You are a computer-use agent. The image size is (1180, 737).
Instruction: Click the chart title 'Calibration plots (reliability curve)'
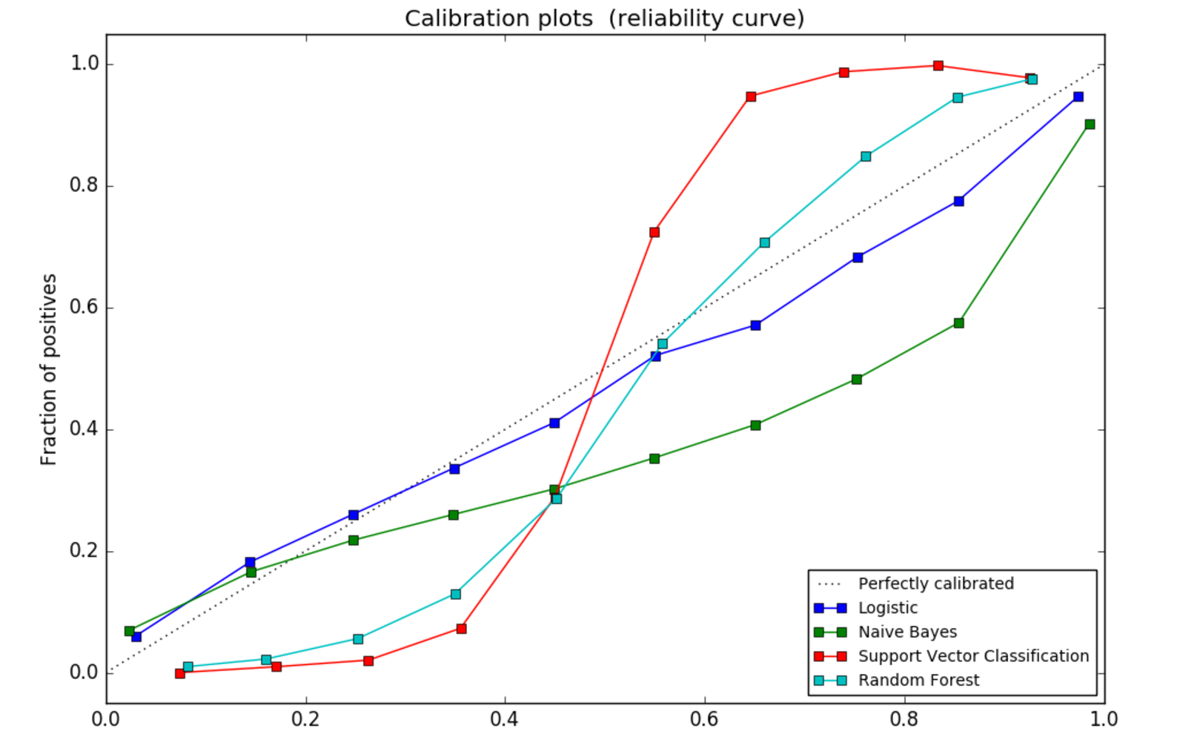(604, 18)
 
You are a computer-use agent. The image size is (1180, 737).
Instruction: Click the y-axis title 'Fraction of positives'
(49, 369)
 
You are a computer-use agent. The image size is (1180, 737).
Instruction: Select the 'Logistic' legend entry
(887, 608)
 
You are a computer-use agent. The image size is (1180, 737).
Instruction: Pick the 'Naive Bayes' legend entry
(907, 632)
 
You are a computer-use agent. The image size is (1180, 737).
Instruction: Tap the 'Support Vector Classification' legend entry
(973, 656)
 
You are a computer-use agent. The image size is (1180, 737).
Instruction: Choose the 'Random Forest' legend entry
(918, 681)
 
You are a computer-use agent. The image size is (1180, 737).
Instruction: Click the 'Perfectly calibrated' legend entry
(935, 584)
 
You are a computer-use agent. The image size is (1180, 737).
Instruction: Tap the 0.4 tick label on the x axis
(504, 718)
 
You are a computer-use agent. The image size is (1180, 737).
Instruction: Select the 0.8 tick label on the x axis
(904, 718)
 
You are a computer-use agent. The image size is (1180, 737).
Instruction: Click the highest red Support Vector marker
(938, 66)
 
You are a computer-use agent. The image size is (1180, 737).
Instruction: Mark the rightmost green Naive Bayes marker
(1090, 125)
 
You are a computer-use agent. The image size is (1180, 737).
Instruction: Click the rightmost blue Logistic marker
(1078, 97)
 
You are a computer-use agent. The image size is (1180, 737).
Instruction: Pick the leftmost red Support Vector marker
(179, 673)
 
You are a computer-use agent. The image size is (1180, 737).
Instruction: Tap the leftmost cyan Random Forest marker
(188, 667)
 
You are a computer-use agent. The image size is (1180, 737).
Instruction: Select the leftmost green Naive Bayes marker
(129, 631)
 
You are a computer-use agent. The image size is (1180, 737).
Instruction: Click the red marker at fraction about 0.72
(654, 232)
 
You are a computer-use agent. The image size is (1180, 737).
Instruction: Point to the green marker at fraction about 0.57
(958, 323)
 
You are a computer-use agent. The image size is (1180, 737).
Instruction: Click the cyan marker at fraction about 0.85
(866, 156)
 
